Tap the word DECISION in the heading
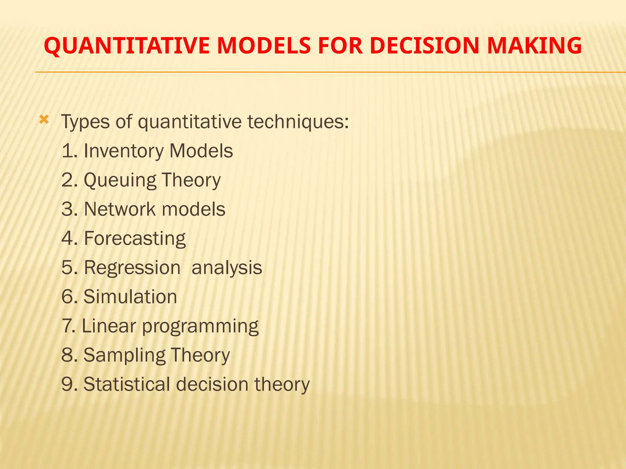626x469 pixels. coord(424,46)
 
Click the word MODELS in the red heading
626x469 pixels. coord(264,46)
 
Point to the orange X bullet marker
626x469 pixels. coord(44,120)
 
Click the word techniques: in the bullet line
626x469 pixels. coord(298,122)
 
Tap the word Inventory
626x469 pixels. coord(123,151)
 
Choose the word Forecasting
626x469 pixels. coord(134,239)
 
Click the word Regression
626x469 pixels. coord(132,268)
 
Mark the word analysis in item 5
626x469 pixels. coord(226,268)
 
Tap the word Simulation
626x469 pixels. coord(130,297)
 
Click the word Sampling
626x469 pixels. coord(124,355)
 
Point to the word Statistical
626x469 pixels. coord(127,384)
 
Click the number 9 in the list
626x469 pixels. coord(67,384)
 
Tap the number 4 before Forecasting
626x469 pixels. coord(67,238)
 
